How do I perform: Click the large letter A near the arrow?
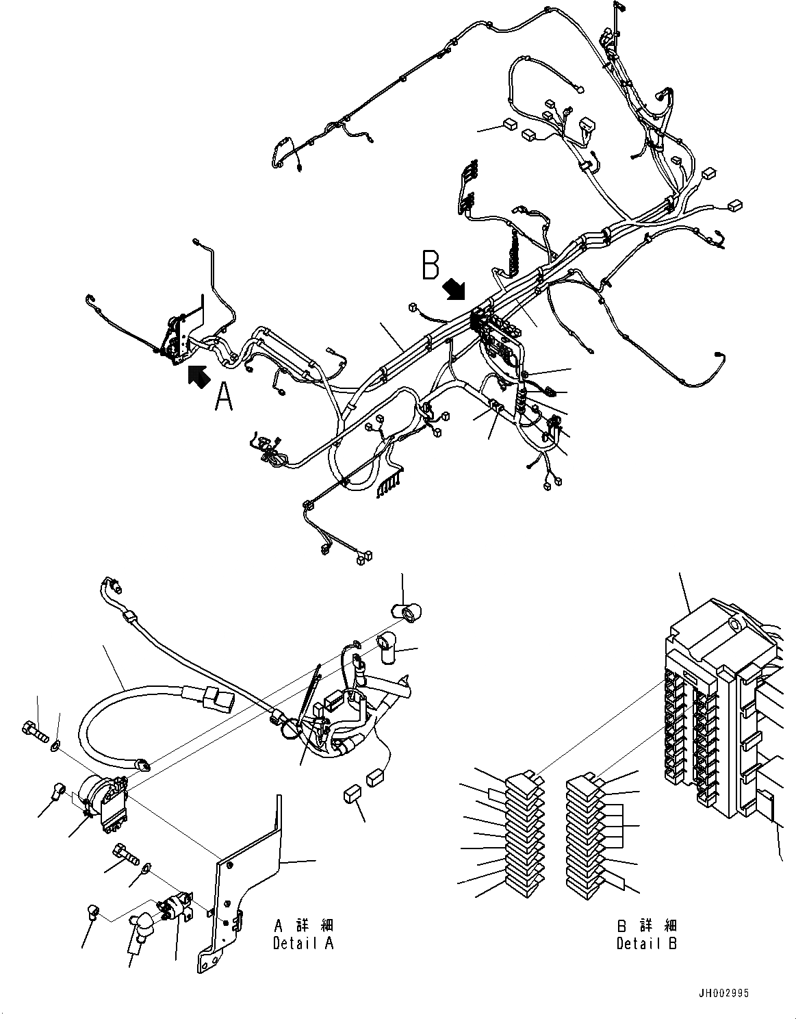point(224,398)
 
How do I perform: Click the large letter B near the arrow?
point(431,266)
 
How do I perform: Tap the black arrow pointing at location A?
point(198,376)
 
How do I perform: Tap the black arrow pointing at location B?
point(452,289)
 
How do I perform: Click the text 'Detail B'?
point(646,943)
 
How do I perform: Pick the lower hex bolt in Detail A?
point(125,853)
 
